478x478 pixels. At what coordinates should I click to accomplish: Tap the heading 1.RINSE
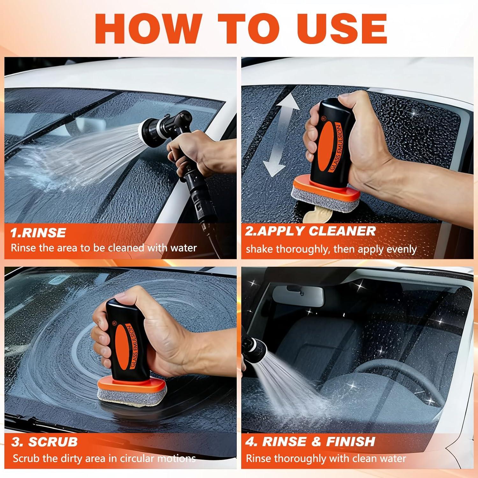coord(38,233)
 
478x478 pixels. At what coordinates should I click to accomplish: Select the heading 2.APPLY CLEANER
coord(310,231)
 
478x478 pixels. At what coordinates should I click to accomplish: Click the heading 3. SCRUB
coord(45,442)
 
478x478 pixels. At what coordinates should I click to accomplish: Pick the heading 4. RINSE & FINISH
coord(310,441)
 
